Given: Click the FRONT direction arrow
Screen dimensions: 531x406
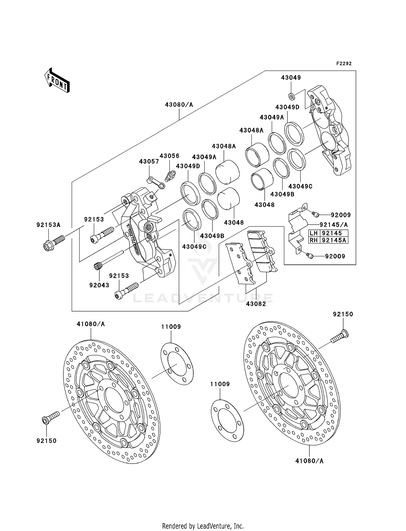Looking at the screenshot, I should pyautogui.click(x=57, y=81).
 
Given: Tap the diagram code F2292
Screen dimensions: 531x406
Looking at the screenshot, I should pyautogui.click(x=344, y=64).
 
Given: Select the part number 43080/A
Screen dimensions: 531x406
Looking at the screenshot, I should pyautogui.click(x=179, y=105).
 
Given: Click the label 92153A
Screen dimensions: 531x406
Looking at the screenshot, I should pyautogui.click(x=48, y=225).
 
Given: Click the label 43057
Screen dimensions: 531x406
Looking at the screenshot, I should pyautogui.click(x=149, y=162).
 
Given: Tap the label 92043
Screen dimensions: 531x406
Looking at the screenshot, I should pyautogui.click(x=99, y=285).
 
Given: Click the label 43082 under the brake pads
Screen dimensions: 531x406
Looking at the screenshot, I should pyautogui.click(x=256, y=304).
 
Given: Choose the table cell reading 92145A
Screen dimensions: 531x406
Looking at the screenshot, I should pyautogui.click(x=334, y=240).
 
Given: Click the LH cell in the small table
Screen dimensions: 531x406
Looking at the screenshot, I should pyautogui.click(x=314, y=233).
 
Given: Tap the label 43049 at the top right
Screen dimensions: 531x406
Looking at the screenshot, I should pyautogui.click(x=291, y=78).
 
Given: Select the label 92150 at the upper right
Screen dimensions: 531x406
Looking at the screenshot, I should pyautogui.click(x=343, y=314).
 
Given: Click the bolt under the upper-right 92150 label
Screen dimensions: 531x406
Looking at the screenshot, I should pyautogui.click(x=339, y=336).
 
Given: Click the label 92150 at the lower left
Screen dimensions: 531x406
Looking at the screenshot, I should pyautogui.click(x=47, y=441).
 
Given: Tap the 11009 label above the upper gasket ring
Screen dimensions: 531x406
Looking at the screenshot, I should pyautogui.click(x=171, y=327).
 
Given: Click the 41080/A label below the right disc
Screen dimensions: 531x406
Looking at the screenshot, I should pyautogui.click(x=309, y=461).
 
